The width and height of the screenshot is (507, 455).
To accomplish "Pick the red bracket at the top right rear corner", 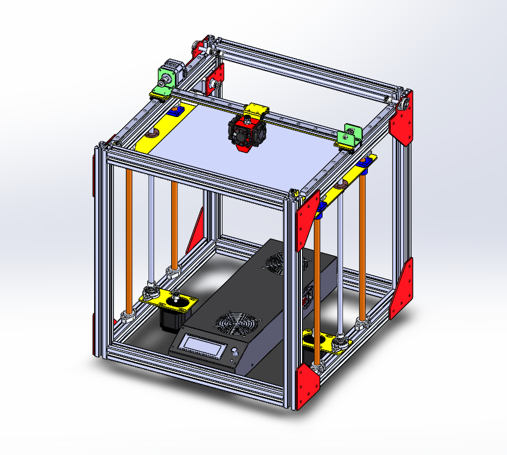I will click(x=403, y=119).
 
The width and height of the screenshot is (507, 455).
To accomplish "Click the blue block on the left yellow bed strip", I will click(x=175, y=111).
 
